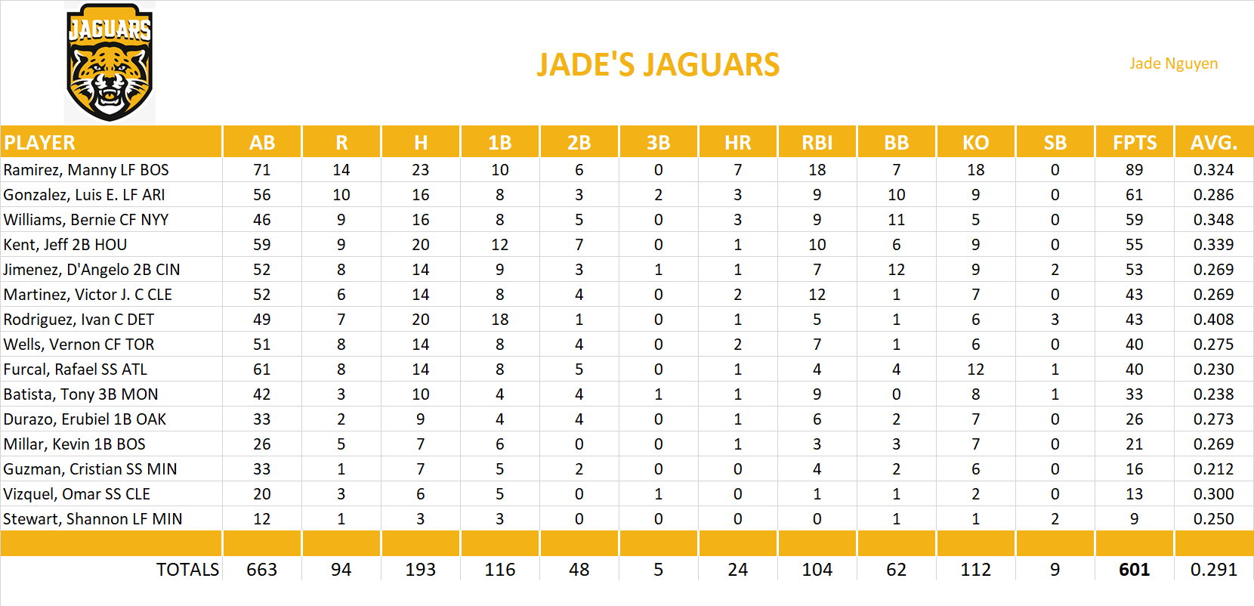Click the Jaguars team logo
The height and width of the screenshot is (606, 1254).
point(110,63)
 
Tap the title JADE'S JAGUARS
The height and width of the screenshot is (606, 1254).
point(658,65)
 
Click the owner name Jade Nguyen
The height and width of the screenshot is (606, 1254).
point(1173,63)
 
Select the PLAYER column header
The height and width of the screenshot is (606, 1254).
point(40,143)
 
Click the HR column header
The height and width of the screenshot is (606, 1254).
point(737,143)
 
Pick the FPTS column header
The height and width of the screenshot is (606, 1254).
point(1134,143)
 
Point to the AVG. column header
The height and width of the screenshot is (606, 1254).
point(1213,143)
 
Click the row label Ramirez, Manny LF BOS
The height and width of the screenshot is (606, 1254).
point(86,170)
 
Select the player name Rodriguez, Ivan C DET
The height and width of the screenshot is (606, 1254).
point(79,320)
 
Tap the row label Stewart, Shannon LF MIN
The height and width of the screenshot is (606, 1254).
point(93,519)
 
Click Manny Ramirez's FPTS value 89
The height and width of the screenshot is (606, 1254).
point(1134,170)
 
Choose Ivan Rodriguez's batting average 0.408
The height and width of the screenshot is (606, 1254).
point(1213,320)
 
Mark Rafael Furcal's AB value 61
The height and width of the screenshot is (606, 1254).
point(262,369)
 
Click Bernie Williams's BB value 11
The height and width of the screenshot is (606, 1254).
point(896,220)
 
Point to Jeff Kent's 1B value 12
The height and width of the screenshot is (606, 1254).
point(499,245)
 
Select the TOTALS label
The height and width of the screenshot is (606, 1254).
point(187,570)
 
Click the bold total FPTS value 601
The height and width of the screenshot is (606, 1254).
point(1134,570)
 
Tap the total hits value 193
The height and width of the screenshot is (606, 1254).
point(420,570)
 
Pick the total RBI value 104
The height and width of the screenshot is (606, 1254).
point(817,570)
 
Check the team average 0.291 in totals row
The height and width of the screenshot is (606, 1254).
point(1213,570)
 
